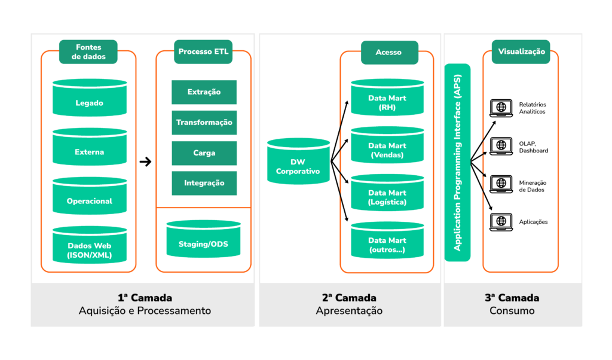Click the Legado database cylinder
tap(89, 99)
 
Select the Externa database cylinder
tap(89, 148)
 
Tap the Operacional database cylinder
tap(89, 197)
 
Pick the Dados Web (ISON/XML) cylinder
tap(89, 246)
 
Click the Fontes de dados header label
tap(88, 52)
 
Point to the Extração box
tap(204, 92)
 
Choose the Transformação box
tap(204, 123)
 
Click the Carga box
tap(204, 153)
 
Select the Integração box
tap(204, 183)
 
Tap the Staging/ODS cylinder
tap(203, 240)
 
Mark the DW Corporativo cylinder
tap(298, 163)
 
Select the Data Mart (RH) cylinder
tap(387, 99)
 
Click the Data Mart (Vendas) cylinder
tap(387, 146)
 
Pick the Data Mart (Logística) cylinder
tap(387, 194)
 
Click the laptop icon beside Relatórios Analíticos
tap(501, 108)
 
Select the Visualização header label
tap(521, 52)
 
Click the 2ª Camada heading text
tap(349, 298)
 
